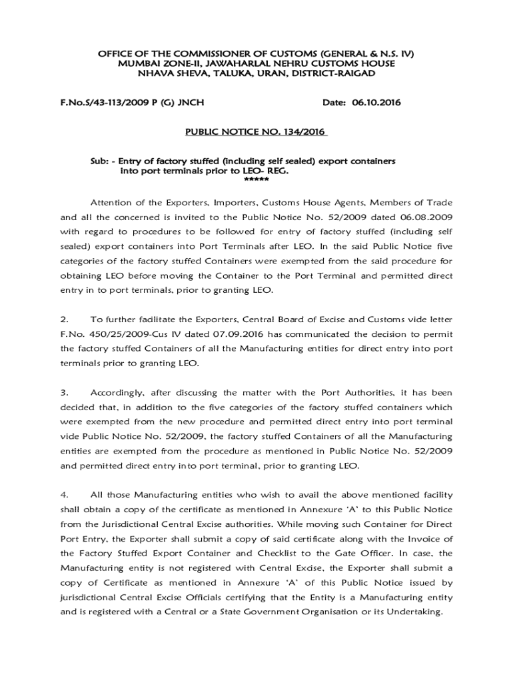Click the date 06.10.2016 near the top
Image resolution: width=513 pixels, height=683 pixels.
pyautogui.click(x=383, y=103)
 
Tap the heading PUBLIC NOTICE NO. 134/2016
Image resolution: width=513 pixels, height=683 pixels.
pyautogui.click(x=255, y=132)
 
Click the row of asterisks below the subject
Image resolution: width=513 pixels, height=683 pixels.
pyautogui.click(x=256, y=180)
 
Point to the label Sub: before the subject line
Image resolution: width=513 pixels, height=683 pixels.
pyautogui.click(x=100, y=161)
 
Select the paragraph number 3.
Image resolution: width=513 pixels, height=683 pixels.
pyautogui.click(x=64, y=392)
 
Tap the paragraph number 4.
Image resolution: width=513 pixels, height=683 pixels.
pyautogui.click(x=64, y=495)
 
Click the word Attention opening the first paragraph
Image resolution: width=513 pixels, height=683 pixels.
pyautogui.click(x=113, y=202)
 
